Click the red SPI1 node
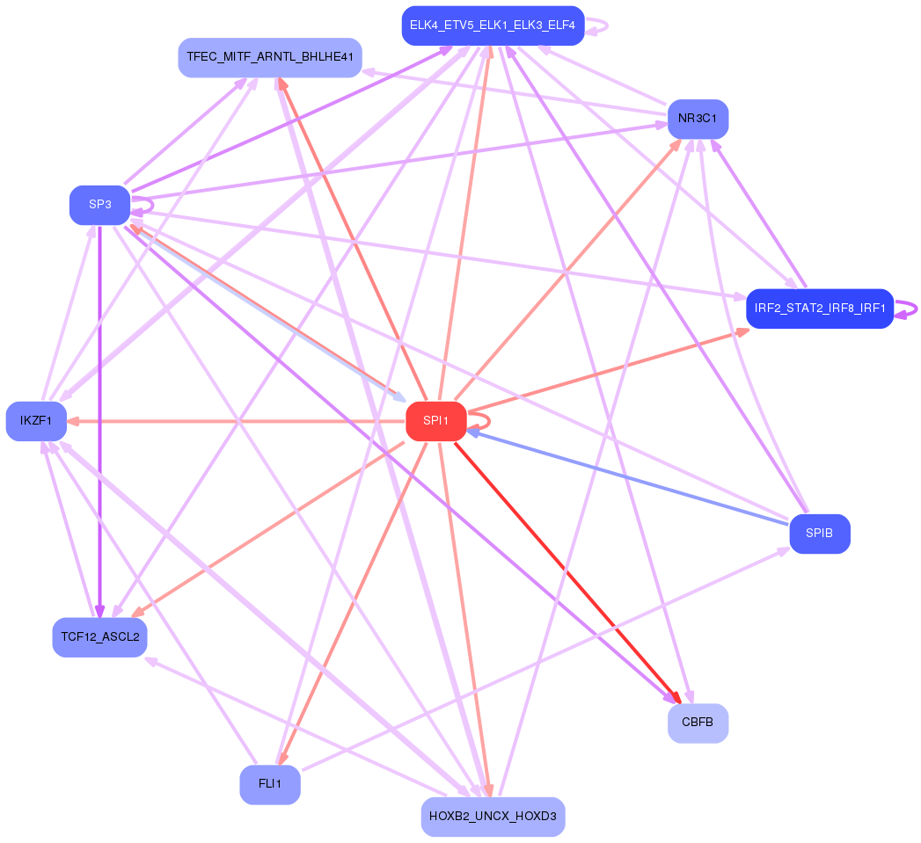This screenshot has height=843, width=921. (435, 421)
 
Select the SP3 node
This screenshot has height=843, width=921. (100, 205)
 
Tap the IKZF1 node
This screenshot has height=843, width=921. (36, 421)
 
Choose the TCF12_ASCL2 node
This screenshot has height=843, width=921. (100, 637)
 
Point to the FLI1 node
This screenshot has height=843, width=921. (270, 784)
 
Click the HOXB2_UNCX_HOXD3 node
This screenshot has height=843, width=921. (493, 817)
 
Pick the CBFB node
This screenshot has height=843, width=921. (698, 723)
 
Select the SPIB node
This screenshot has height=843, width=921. (819, 534)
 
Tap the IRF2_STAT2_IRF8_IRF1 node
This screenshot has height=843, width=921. (819, 309)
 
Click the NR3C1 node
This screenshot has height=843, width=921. (698, 120)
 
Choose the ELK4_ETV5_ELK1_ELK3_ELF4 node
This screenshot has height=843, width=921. (493, 25)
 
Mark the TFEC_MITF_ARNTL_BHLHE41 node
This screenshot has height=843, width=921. (270, 57)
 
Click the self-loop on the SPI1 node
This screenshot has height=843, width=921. (480, 421)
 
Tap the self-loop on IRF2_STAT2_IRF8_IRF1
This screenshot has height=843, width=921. (906, 309)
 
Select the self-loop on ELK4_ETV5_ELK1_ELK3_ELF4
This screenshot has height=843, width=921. (597, 25)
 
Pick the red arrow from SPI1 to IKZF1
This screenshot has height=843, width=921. (237, 421)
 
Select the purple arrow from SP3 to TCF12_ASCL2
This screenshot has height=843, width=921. (100, 422)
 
